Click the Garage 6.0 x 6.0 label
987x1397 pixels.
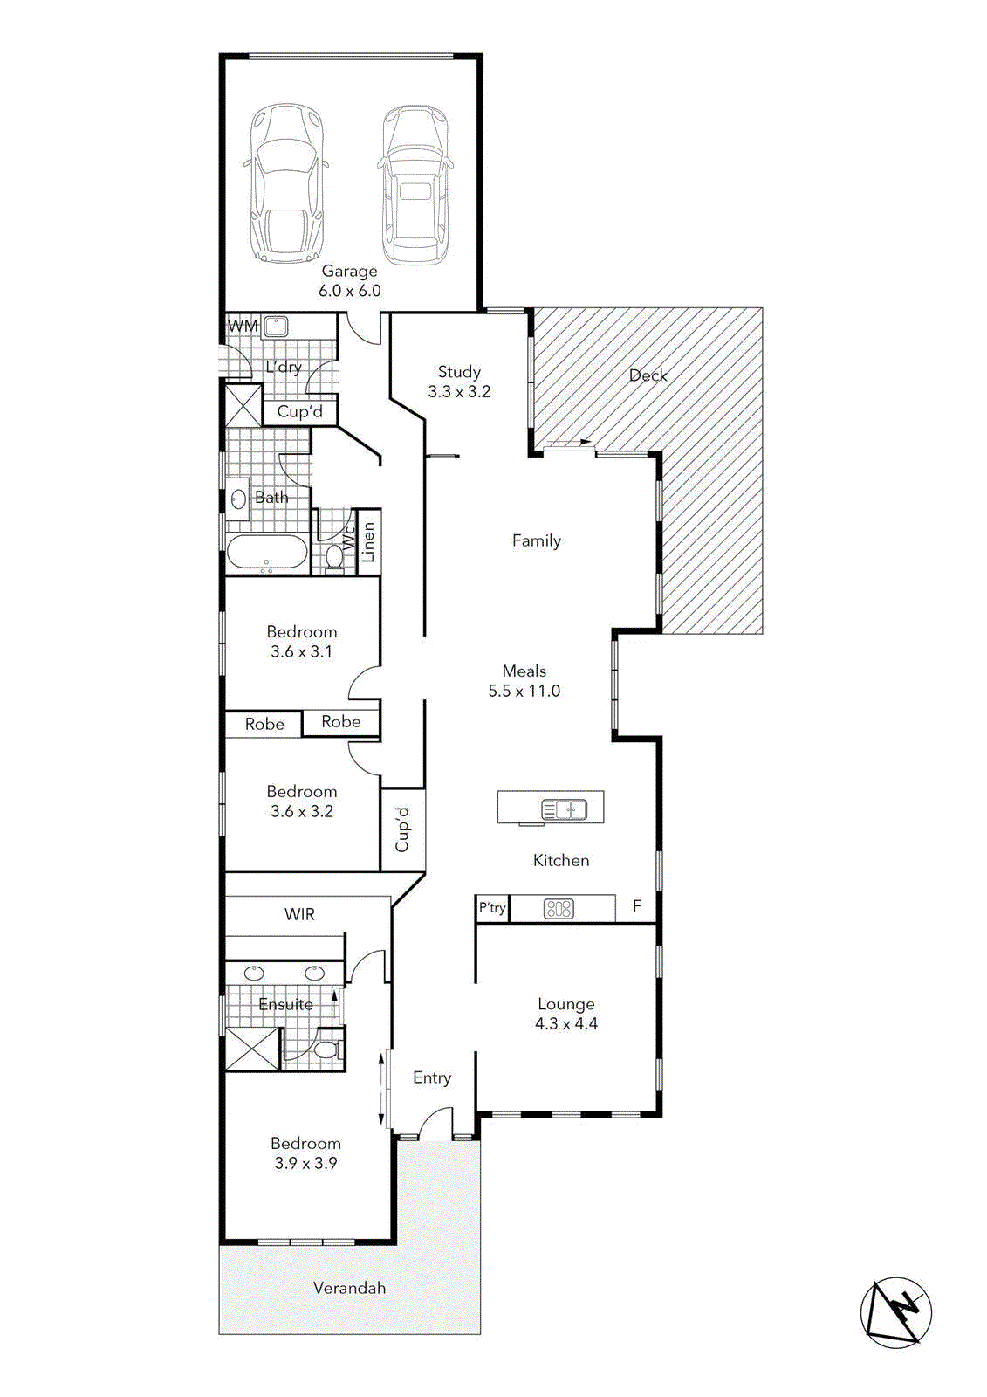click(x=349, y=281)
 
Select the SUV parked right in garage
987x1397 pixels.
click(x=415, y=185)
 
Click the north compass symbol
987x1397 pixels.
click(x=896, y=1311)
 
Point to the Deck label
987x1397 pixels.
click(x=648, y=375)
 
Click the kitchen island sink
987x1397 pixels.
click(x=564, y=809)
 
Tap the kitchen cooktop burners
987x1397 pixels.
click(x=559, y=909)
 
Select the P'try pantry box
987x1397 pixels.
click(x=492, y=908)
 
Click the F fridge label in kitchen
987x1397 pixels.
click(x=637, y=906)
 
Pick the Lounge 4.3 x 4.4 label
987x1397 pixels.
click(x=566, y=1014)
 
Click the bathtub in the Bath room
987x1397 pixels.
click(x=266, y=554)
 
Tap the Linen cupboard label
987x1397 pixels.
click(x=368, y=542)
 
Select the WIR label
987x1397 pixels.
click(x=299, y=914)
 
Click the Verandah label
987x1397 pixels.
click(x=349, y=1288)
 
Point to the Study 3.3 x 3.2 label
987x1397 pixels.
click(x=459, y=382)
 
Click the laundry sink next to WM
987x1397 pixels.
click(x=276, y=327)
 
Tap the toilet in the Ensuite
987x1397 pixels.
click(x=326, y=1048)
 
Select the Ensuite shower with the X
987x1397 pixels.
click(x=252, y=1049)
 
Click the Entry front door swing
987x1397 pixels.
click(x=435, y=1124)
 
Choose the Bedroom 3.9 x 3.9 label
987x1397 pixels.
click(x=305, y=1153)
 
